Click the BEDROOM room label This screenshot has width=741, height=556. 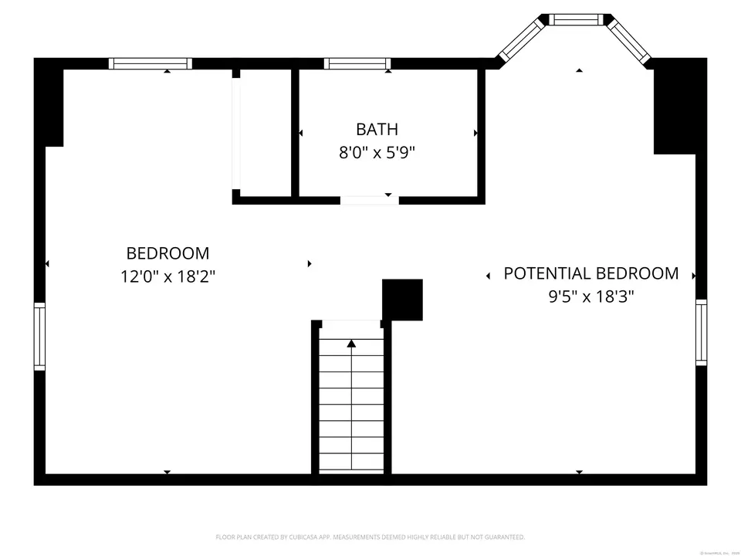(167, 253)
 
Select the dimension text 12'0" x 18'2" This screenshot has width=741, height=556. (167, 276)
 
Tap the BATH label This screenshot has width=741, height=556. (377, 129)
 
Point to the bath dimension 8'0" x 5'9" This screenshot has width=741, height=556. (377, 152)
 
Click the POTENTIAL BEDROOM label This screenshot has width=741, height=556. (591, 273)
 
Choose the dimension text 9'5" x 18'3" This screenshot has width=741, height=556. (591, 296)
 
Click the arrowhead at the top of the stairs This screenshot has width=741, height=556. (351, 343)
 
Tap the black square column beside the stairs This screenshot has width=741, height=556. (402, 300)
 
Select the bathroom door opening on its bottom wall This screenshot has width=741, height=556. (370, 200)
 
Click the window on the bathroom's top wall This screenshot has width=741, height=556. (357, 64)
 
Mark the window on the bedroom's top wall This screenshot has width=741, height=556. (150, 64)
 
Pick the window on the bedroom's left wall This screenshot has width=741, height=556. (39, 337)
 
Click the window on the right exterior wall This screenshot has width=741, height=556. (701, 331)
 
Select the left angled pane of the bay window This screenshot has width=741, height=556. (521, 41)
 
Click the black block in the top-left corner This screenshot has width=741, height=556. (51, 104)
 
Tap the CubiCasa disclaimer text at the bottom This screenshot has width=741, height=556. (370, 537)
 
